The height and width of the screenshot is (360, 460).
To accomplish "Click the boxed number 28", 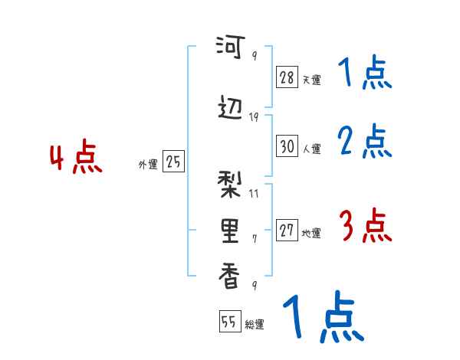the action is [x=287, y=78].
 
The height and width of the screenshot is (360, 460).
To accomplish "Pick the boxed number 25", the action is [x=173, y=162].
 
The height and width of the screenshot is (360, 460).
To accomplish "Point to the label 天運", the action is [x=311, y=80].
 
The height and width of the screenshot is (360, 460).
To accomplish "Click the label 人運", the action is [x=311, y=149].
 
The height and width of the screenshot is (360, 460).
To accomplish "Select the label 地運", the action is [x=311, y=233].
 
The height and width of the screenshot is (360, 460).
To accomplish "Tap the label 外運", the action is [x=148, y=164].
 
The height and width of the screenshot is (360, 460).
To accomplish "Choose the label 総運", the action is [x=255, y=325].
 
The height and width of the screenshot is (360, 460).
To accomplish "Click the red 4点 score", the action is [x=76, y=159].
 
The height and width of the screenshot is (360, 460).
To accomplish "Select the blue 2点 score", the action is [x=365, y=141].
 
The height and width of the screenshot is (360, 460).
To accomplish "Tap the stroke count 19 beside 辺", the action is [x=255, y=116].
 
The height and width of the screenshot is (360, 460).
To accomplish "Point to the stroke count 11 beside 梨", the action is [x=255, y=193].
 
